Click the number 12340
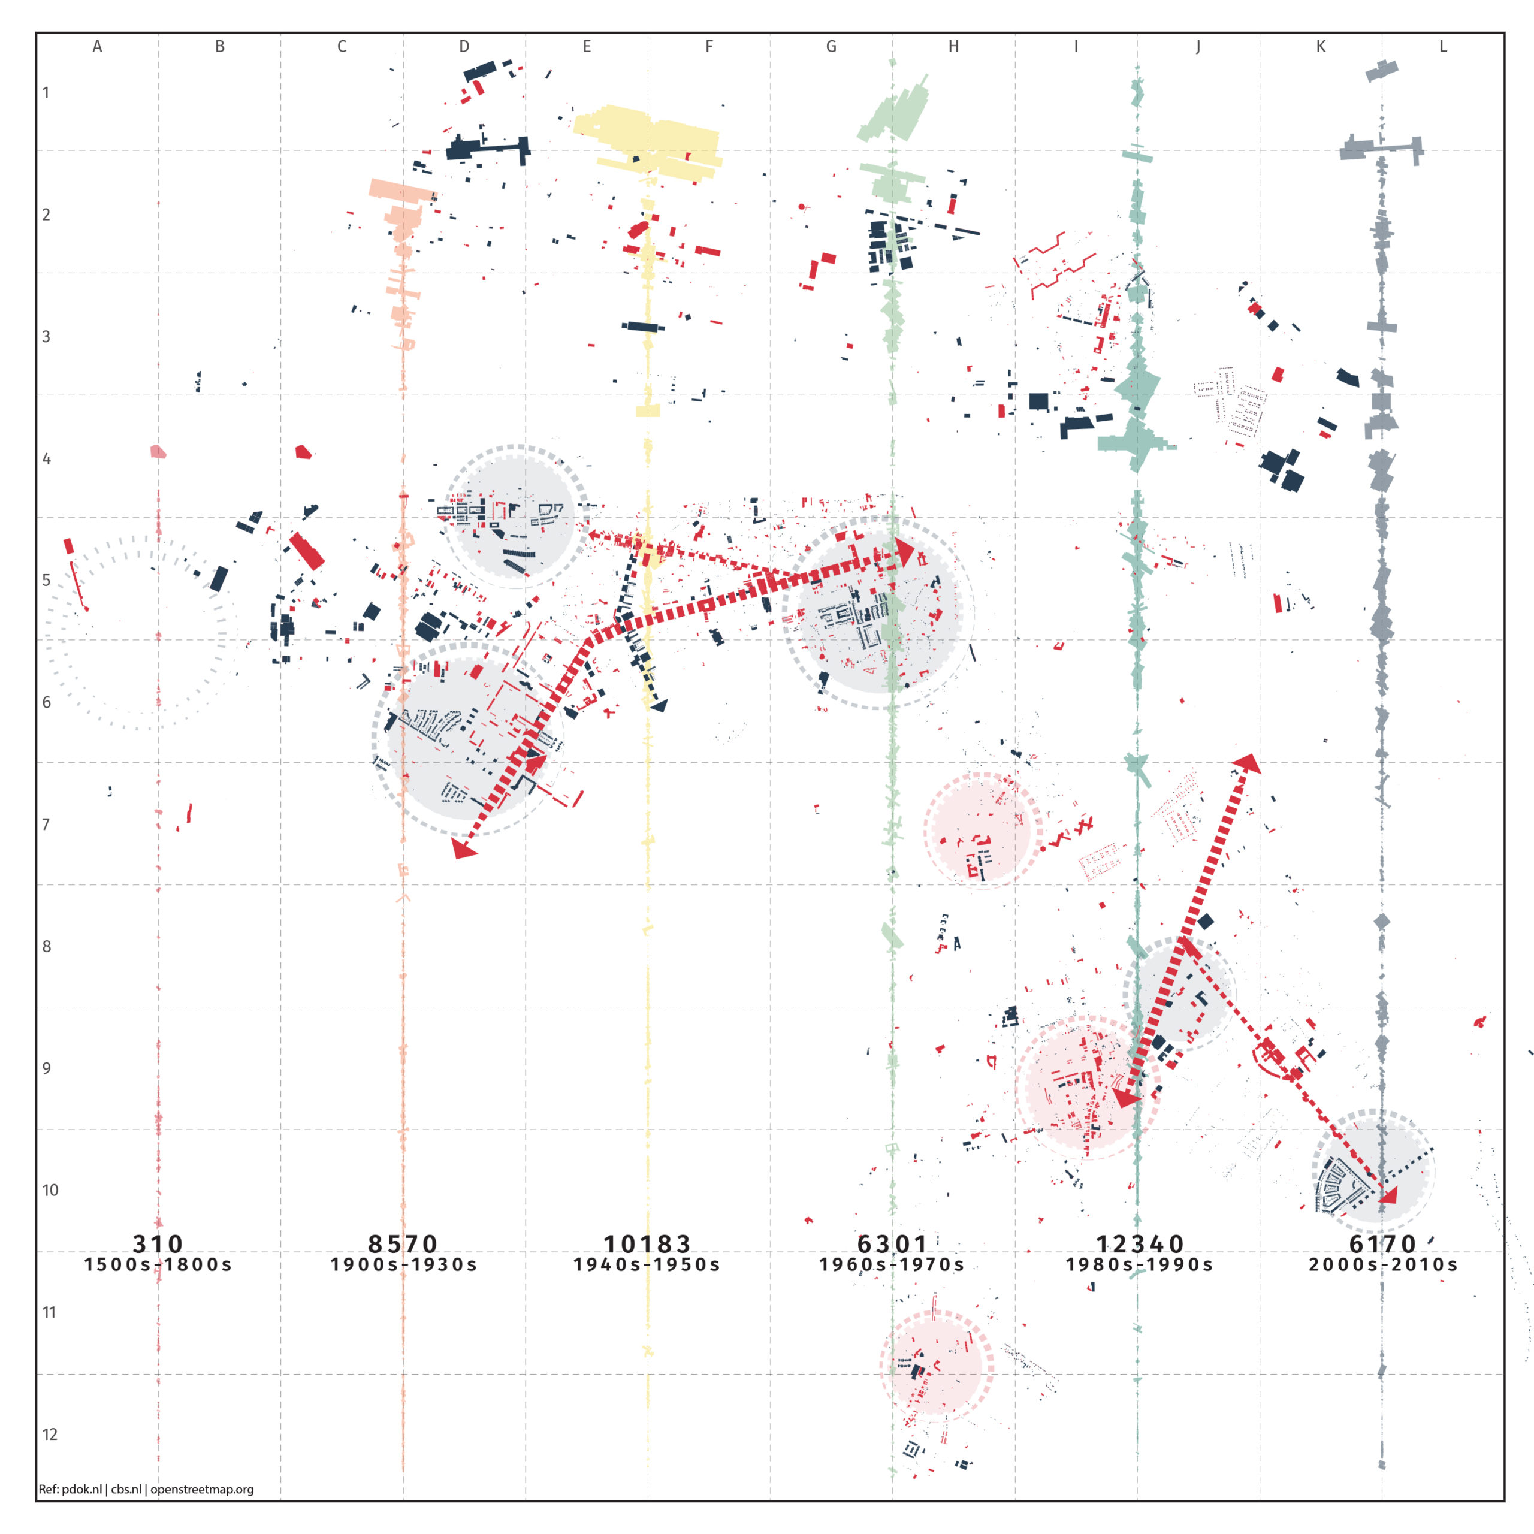point(1139,1243)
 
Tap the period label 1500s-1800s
point(158,1264)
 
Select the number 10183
point(647,1243)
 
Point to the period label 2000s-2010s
point(1383,1264)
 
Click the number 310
point(158,1243)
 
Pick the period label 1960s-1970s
point(892,1264)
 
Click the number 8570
point(403,1243)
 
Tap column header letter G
point(831,46)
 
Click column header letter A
point(97,46)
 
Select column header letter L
point(1443,46)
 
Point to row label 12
point(49,1434)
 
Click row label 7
point(46,824)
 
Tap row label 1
point(46,92)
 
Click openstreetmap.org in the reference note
point(202,1488)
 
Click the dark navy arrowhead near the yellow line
point(659,705)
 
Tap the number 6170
point(1383,1243)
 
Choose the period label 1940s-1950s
point(647,1264)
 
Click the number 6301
point(892,1243)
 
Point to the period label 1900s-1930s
point(403,1264)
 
